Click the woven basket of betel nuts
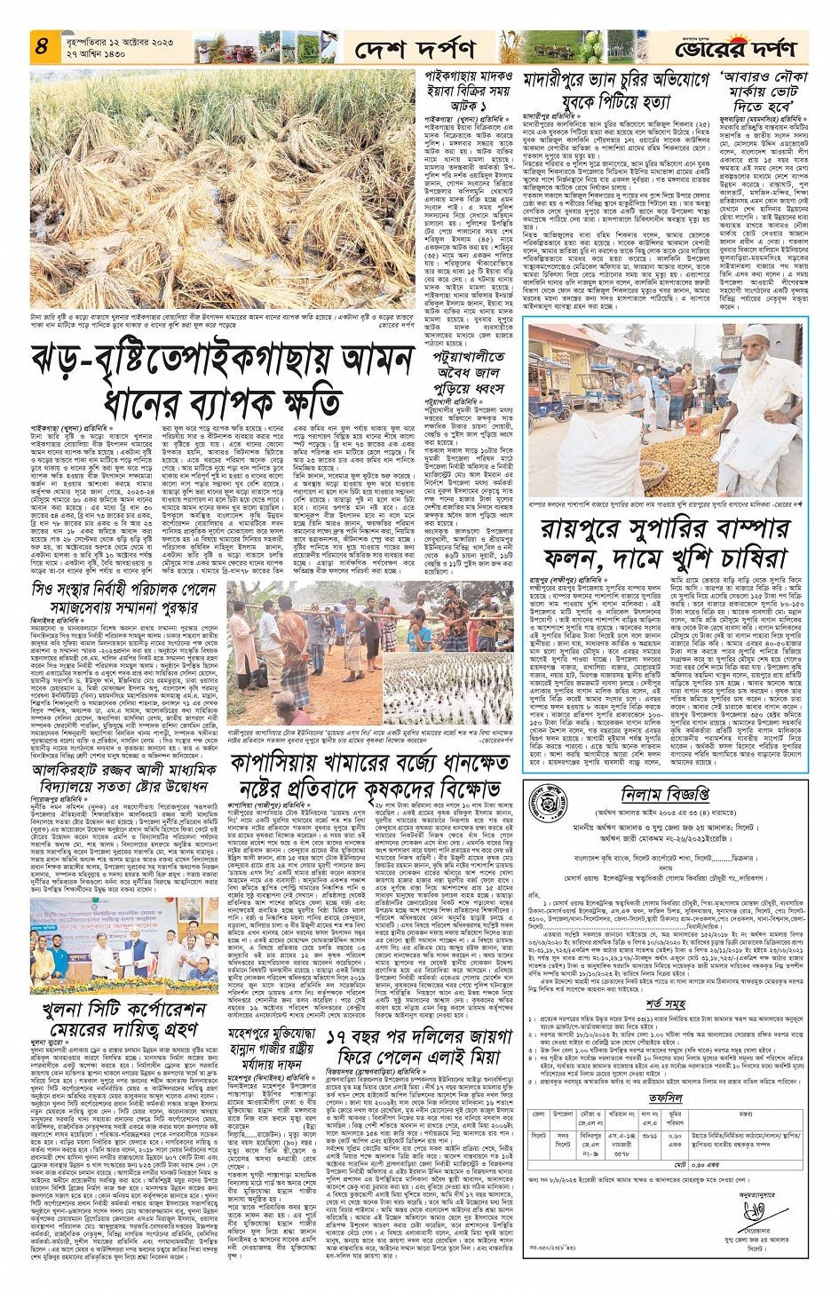(709, 445)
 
